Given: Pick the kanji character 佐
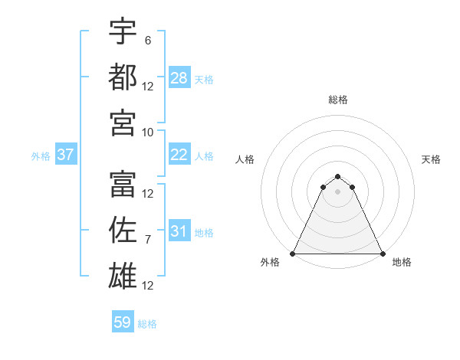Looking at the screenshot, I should click(123, 230).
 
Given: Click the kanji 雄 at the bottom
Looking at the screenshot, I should click(123, 275).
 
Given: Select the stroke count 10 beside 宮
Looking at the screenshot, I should click(148, 132).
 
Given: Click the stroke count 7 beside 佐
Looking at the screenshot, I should click(148, 240).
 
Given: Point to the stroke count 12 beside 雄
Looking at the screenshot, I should click(148, 286).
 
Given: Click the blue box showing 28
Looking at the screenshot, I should click(179, 78).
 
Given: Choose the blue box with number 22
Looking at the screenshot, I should click(179, 155).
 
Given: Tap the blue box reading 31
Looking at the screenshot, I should click(179, 231).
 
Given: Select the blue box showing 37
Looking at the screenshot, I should click(66, 155).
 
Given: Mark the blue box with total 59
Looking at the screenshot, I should click(123, 322).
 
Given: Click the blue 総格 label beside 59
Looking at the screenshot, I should click(147, 324).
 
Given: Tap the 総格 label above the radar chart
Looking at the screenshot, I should click(338, 100).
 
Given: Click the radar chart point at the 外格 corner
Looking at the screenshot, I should click(294, 254).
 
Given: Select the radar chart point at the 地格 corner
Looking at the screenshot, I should click(383, 254).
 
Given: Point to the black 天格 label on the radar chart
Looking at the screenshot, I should click(432, 159).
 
